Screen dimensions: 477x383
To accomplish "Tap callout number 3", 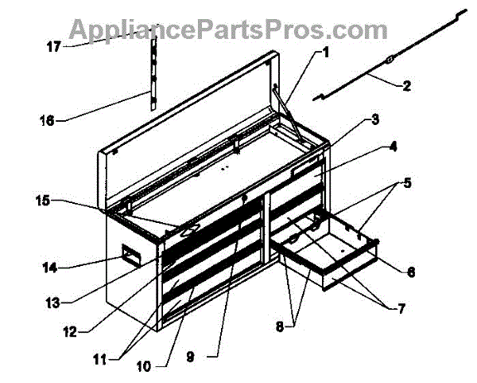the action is pos(374,120).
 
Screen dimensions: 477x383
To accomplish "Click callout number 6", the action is pos(410,271).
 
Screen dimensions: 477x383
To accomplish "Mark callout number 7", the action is pos(390,307).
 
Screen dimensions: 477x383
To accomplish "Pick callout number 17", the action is pos(53,46).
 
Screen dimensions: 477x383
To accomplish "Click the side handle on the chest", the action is pos(130,256).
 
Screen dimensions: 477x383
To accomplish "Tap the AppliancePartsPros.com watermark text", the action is pos(228,29).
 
